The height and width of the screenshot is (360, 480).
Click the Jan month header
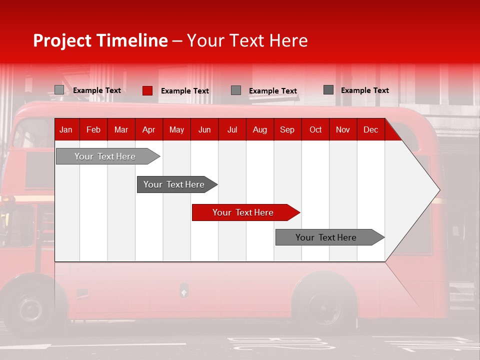point(66,129)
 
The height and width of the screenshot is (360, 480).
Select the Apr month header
point(148,129)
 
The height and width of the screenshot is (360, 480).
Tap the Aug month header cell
point(259,129)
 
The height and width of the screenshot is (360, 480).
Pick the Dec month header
point(370,129)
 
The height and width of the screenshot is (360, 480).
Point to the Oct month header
point(315,129)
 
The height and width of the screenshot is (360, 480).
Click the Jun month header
point(204,129)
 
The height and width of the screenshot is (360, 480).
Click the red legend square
point(147,90)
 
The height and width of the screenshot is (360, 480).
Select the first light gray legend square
point(59,90)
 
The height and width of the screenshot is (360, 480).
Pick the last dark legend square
point(328,90)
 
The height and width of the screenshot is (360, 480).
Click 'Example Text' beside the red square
point(184,91)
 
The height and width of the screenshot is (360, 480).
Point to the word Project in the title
point(62,40)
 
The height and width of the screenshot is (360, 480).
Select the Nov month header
point(342,129)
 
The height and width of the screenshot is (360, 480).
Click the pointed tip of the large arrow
point(438,190)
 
